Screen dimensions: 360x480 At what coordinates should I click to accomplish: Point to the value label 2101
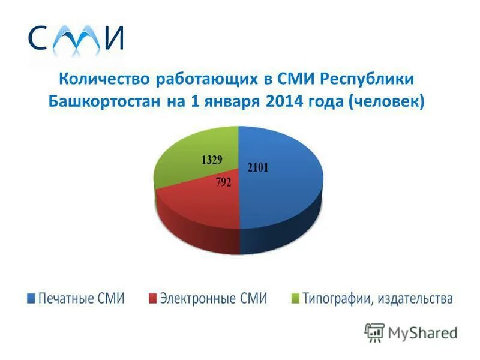pos(258,167)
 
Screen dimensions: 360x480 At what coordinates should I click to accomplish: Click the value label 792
pos(223,182)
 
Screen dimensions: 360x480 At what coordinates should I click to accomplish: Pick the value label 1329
pos(211,160)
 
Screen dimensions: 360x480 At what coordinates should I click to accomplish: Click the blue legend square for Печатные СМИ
pos(31,298)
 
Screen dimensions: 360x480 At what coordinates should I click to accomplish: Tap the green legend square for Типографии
pos(295,298)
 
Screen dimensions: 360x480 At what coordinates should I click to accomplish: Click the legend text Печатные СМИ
pos(82,298)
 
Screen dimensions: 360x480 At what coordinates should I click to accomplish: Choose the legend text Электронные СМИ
pos(213,298)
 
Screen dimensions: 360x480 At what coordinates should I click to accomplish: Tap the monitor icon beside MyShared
pos(374,332)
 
